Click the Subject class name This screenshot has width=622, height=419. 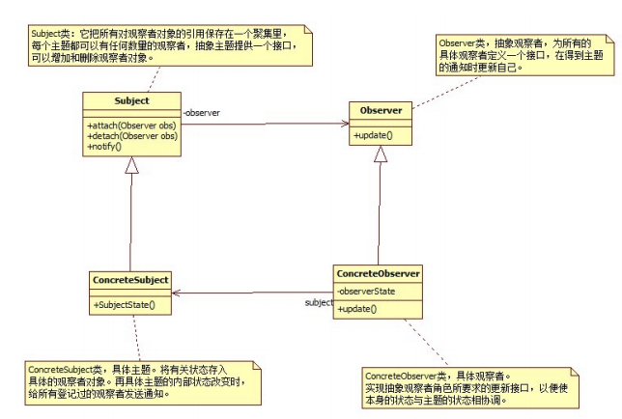131,100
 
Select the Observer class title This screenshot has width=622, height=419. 381,110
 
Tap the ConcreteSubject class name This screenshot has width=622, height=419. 130,280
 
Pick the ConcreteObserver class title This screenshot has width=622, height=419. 378,273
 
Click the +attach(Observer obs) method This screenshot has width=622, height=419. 131,126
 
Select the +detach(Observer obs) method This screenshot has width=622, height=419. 132,136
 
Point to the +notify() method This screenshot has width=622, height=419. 104,147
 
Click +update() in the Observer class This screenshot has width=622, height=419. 373,135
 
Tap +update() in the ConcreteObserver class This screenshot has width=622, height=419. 357,309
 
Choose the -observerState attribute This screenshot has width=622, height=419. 366,292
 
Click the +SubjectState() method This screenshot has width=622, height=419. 125,305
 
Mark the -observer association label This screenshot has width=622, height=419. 202,113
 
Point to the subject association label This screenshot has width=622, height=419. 319,302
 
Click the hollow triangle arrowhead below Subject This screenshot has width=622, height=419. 131,165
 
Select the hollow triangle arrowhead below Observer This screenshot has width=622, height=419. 381,154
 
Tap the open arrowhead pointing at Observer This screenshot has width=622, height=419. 344,124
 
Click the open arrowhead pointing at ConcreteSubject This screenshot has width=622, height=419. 177,293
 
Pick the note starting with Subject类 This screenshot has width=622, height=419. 170,45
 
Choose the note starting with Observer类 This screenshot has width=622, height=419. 524,55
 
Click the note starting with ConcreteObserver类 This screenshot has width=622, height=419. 470,388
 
